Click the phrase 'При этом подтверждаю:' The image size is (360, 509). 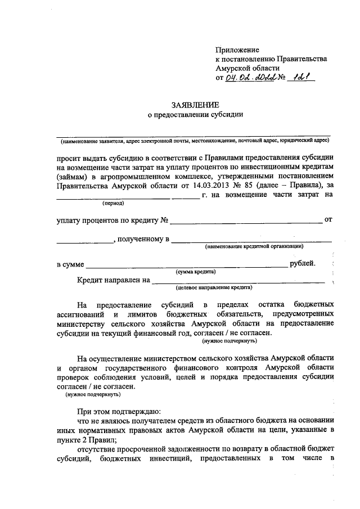click(x=119, y=411)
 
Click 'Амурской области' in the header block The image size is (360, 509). click(x=247, y=68)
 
